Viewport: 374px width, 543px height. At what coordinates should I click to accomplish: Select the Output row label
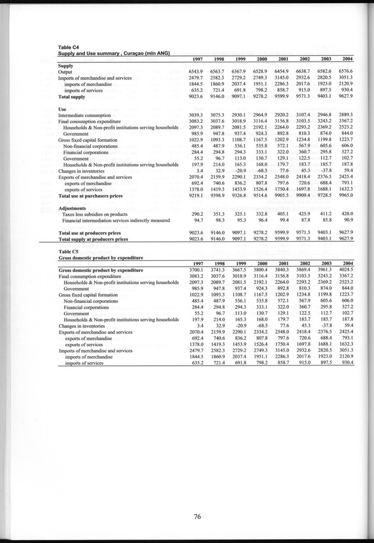pos(65,72)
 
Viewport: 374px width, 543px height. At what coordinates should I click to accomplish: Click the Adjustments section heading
pos(75,209)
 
